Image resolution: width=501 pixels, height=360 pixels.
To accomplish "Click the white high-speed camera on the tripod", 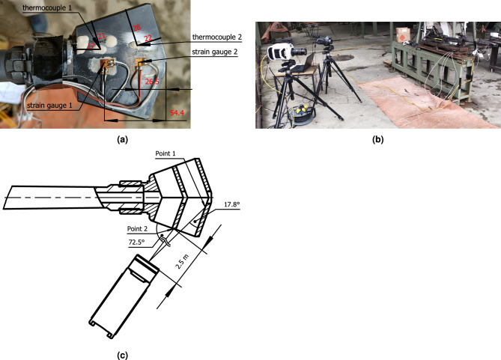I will (282, 52).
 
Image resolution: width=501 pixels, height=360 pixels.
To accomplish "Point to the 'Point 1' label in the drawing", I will (165, 153).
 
